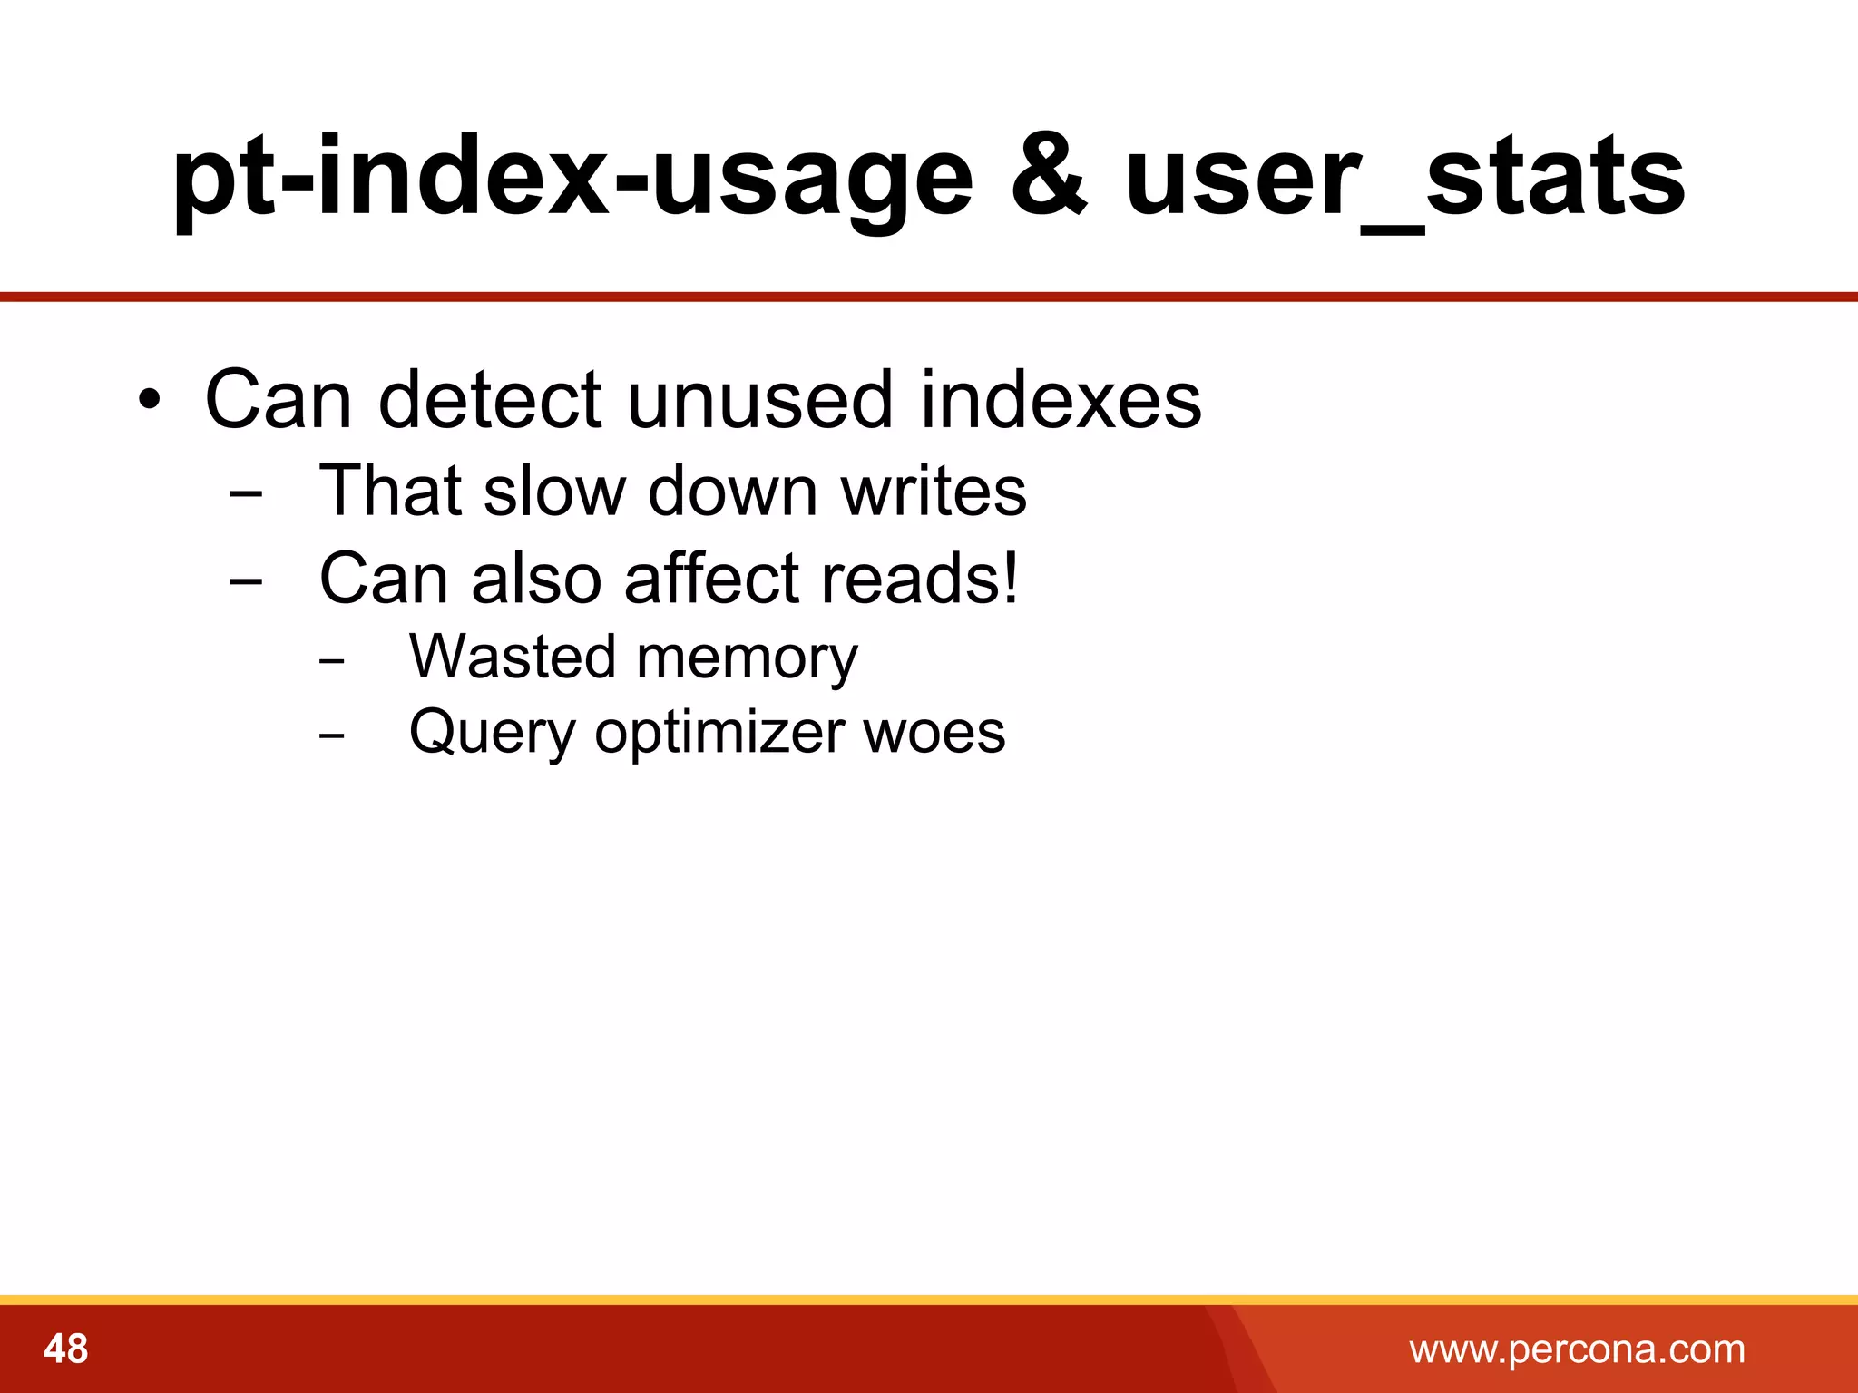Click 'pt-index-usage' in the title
click(x=572, y=177)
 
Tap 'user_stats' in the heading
click(x=1404, y=177)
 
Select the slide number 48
click(x=66, y=1349)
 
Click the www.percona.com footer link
click(x=1577, y=1349)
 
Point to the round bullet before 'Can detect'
click(x=151, y=400)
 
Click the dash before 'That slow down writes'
click(x=246, y=494)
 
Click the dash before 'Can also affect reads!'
click(x=246, y=581)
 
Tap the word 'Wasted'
click(x=513, y=656)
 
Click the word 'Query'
click(x=491, y=733)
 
